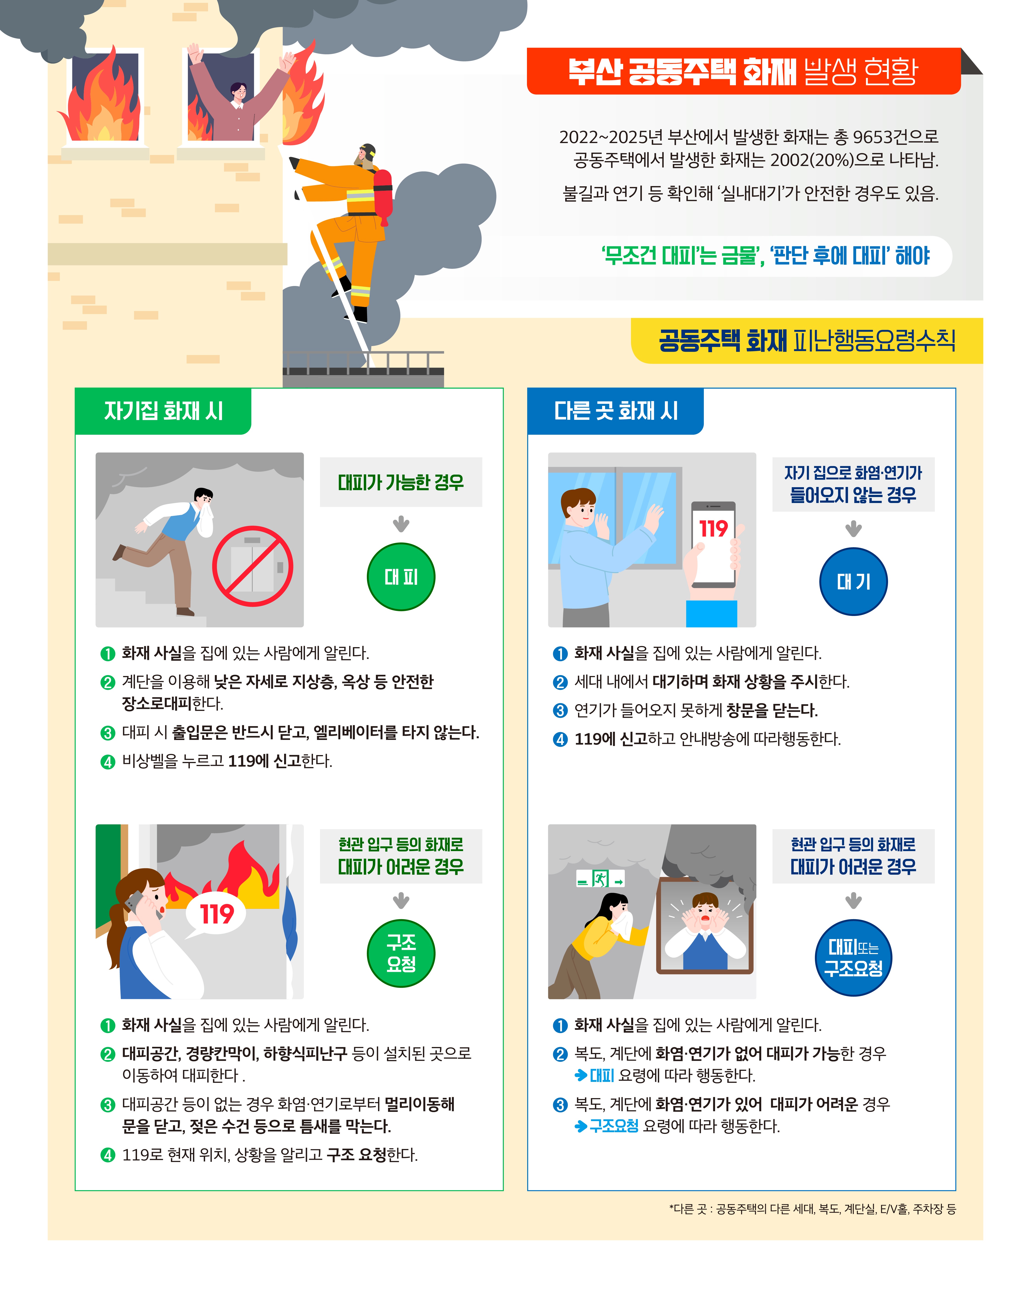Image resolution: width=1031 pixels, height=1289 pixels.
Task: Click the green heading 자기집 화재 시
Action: coord(163,411)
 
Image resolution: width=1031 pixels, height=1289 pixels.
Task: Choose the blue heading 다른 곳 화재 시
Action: coord(616,411)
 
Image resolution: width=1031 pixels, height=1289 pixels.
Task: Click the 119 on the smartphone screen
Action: coord(713,528)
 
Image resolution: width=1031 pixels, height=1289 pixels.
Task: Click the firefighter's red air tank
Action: coord(383,194)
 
